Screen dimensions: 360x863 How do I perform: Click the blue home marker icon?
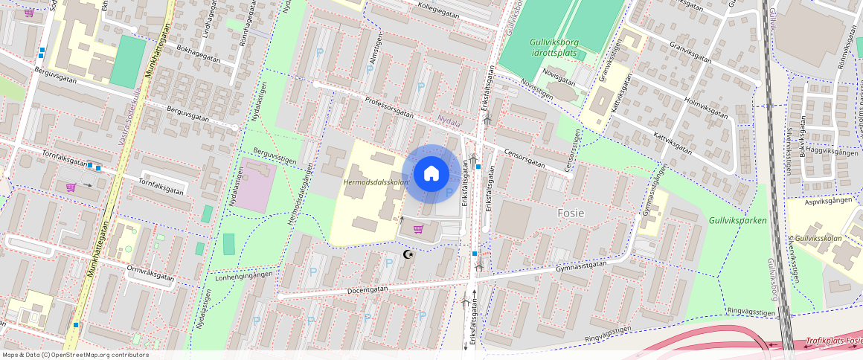pyautogui.click(x=431, y=174)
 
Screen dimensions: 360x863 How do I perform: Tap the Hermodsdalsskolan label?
pyautogui.click(x=376, y=182)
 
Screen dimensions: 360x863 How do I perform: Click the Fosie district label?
pyautogui.click(x=571, y=213)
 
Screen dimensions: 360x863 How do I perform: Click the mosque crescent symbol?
pyautogui.click(x=407, y=254)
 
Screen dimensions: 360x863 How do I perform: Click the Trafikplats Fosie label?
pyautogui.click(x=832, y=342)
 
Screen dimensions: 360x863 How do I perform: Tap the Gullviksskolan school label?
pyautogui.click(x=818, y=238)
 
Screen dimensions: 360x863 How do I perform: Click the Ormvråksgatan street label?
pyautogui.click(x=151, y=274)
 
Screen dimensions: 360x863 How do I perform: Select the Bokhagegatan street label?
pyautogui.click(x=198, y=52)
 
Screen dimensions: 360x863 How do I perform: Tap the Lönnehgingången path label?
pyautogui.click(x=243, y=275)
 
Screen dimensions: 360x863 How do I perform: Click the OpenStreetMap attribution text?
pyautogui.click(x=74, y=355)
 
